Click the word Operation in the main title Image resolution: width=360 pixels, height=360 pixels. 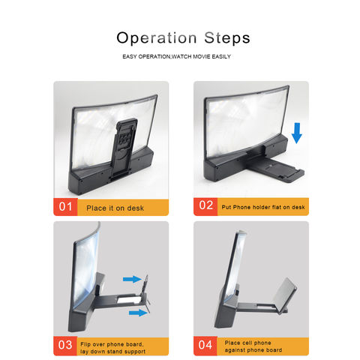[x=157, y=38]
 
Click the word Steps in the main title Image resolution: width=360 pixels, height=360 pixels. [x=227, y=38]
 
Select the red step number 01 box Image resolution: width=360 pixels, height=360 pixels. [x=65, y=207]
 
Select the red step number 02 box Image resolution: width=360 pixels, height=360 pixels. [x=205, y=206]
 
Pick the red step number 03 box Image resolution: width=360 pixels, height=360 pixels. [x=65, y=346]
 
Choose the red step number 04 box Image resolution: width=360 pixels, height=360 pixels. [x=205, y=346]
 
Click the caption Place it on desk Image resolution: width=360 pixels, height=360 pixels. [x=115, y=208]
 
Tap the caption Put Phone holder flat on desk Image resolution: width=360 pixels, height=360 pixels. [x=263, y=207]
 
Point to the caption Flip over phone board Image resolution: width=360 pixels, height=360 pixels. [x=112, y=344]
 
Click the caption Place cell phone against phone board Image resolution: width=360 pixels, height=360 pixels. [x=253, y=346]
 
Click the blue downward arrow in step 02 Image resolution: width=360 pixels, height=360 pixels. [x=297, y=133]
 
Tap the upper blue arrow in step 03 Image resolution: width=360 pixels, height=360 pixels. [x=132, y=279]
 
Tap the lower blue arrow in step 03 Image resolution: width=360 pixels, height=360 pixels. [x=138, y=313]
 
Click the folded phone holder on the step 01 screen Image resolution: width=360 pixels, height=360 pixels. [x=124, y=148]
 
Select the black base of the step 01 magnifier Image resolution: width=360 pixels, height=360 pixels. [x=110, y=172]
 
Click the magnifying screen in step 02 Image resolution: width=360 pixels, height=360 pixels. [x=246, y=122]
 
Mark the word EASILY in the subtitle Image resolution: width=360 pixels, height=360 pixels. [x=221, y=57]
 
